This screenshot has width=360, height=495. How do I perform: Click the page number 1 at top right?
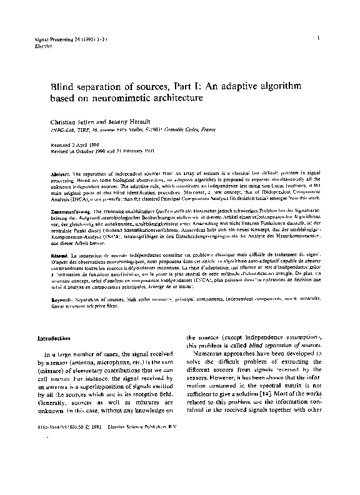tap(319, 39)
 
